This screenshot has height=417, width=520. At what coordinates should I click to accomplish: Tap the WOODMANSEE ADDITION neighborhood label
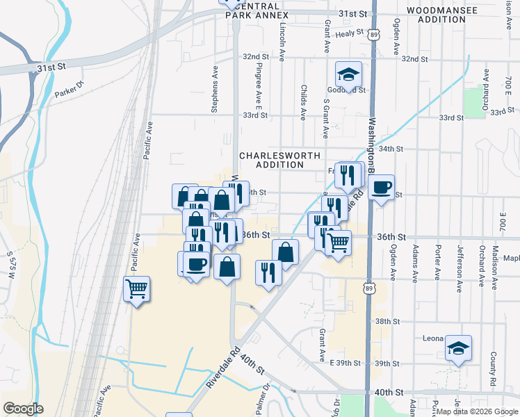pyautogui.click(x=441, y=15)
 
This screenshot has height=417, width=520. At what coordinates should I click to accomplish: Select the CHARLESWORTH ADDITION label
pyautogui.click(x=272, y=160)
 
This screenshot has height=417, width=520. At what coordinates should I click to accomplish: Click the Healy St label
pyautogui.click(x=350, y=33)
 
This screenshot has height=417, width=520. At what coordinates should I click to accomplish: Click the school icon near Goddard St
pyautogui.click(x=349, y=74)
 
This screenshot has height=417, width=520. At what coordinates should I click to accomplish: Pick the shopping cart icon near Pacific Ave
pyautogui.click(x=137, y=288)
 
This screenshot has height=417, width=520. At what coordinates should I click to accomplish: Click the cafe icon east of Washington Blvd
pyautogui.click(x=382, y=188)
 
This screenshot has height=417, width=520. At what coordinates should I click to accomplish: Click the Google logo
pyautogui.click(x=23, y=409)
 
